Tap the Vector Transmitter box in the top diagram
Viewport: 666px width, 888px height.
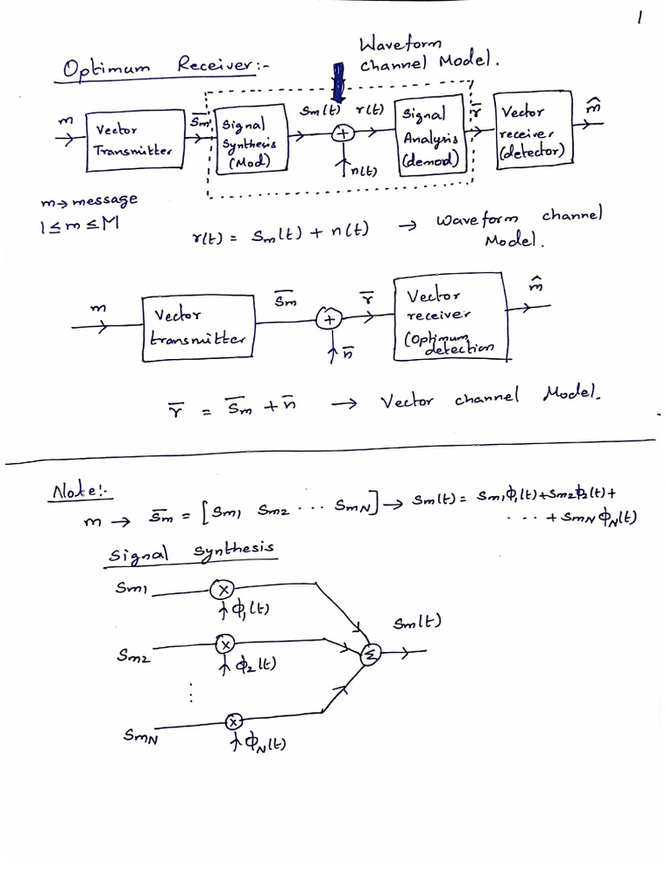pyautogui.click(x=134, y=140)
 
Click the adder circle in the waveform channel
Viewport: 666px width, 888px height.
pyautogui.click(x=343, y=134)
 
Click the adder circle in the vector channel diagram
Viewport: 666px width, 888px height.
pyautogui.click(x=329, y=320)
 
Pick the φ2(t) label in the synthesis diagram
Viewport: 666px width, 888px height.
pyautogui.click(x=253, y=666)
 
